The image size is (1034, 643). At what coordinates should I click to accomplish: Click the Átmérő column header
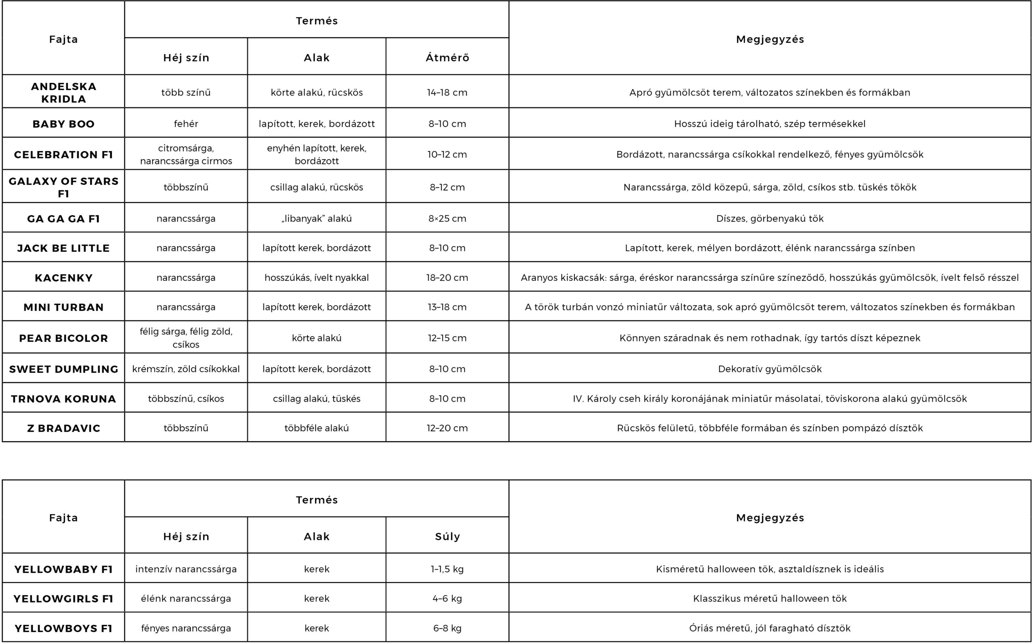(447, 58)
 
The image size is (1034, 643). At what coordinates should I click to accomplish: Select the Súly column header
(447, 536)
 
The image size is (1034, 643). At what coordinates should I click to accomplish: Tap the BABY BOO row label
(63, 124)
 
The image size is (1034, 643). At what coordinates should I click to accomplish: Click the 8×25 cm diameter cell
(447, 219)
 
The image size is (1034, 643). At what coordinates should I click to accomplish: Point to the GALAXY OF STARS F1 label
(63, 187)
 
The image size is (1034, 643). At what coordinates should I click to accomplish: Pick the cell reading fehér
(186, 124)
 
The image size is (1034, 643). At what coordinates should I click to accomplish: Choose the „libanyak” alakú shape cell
(317, 219)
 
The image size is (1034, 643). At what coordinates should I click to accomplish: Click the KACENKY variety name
(63, 278)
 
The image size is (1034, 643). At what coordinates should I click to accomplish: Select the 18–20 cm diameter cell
(447, 278)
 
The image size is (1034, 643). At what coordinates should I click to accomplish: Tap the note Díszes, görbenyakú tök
(770, 219)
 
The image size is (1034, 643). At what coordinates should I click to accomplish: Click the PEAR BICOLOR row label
(63, 338)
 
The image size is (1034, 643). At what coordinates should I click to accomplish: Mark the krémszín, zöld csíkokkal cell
(186, 369)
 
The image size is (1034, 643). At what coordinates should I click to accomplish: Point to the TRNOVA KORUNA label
(63, 399)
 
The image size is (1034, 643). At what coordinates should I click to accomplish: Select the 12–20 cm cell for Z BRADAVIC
(447, 428)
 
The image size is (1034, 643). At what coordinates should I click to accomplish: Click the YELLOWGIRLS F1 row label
(63, 599)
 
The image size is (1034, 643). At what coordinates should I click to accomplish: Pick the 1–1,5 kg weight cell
(447, 569)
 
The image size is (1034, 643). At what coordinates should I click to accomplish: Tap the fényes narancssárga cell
(186, 628)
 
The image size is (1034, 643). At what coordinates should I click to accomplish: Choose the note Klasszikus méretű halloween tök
(770, 599)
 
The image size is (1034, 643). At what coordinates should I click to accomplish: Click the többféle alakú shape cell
(317, 428)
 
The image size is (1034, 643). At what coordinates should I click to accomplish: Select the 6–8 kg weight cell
(447, 628)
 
